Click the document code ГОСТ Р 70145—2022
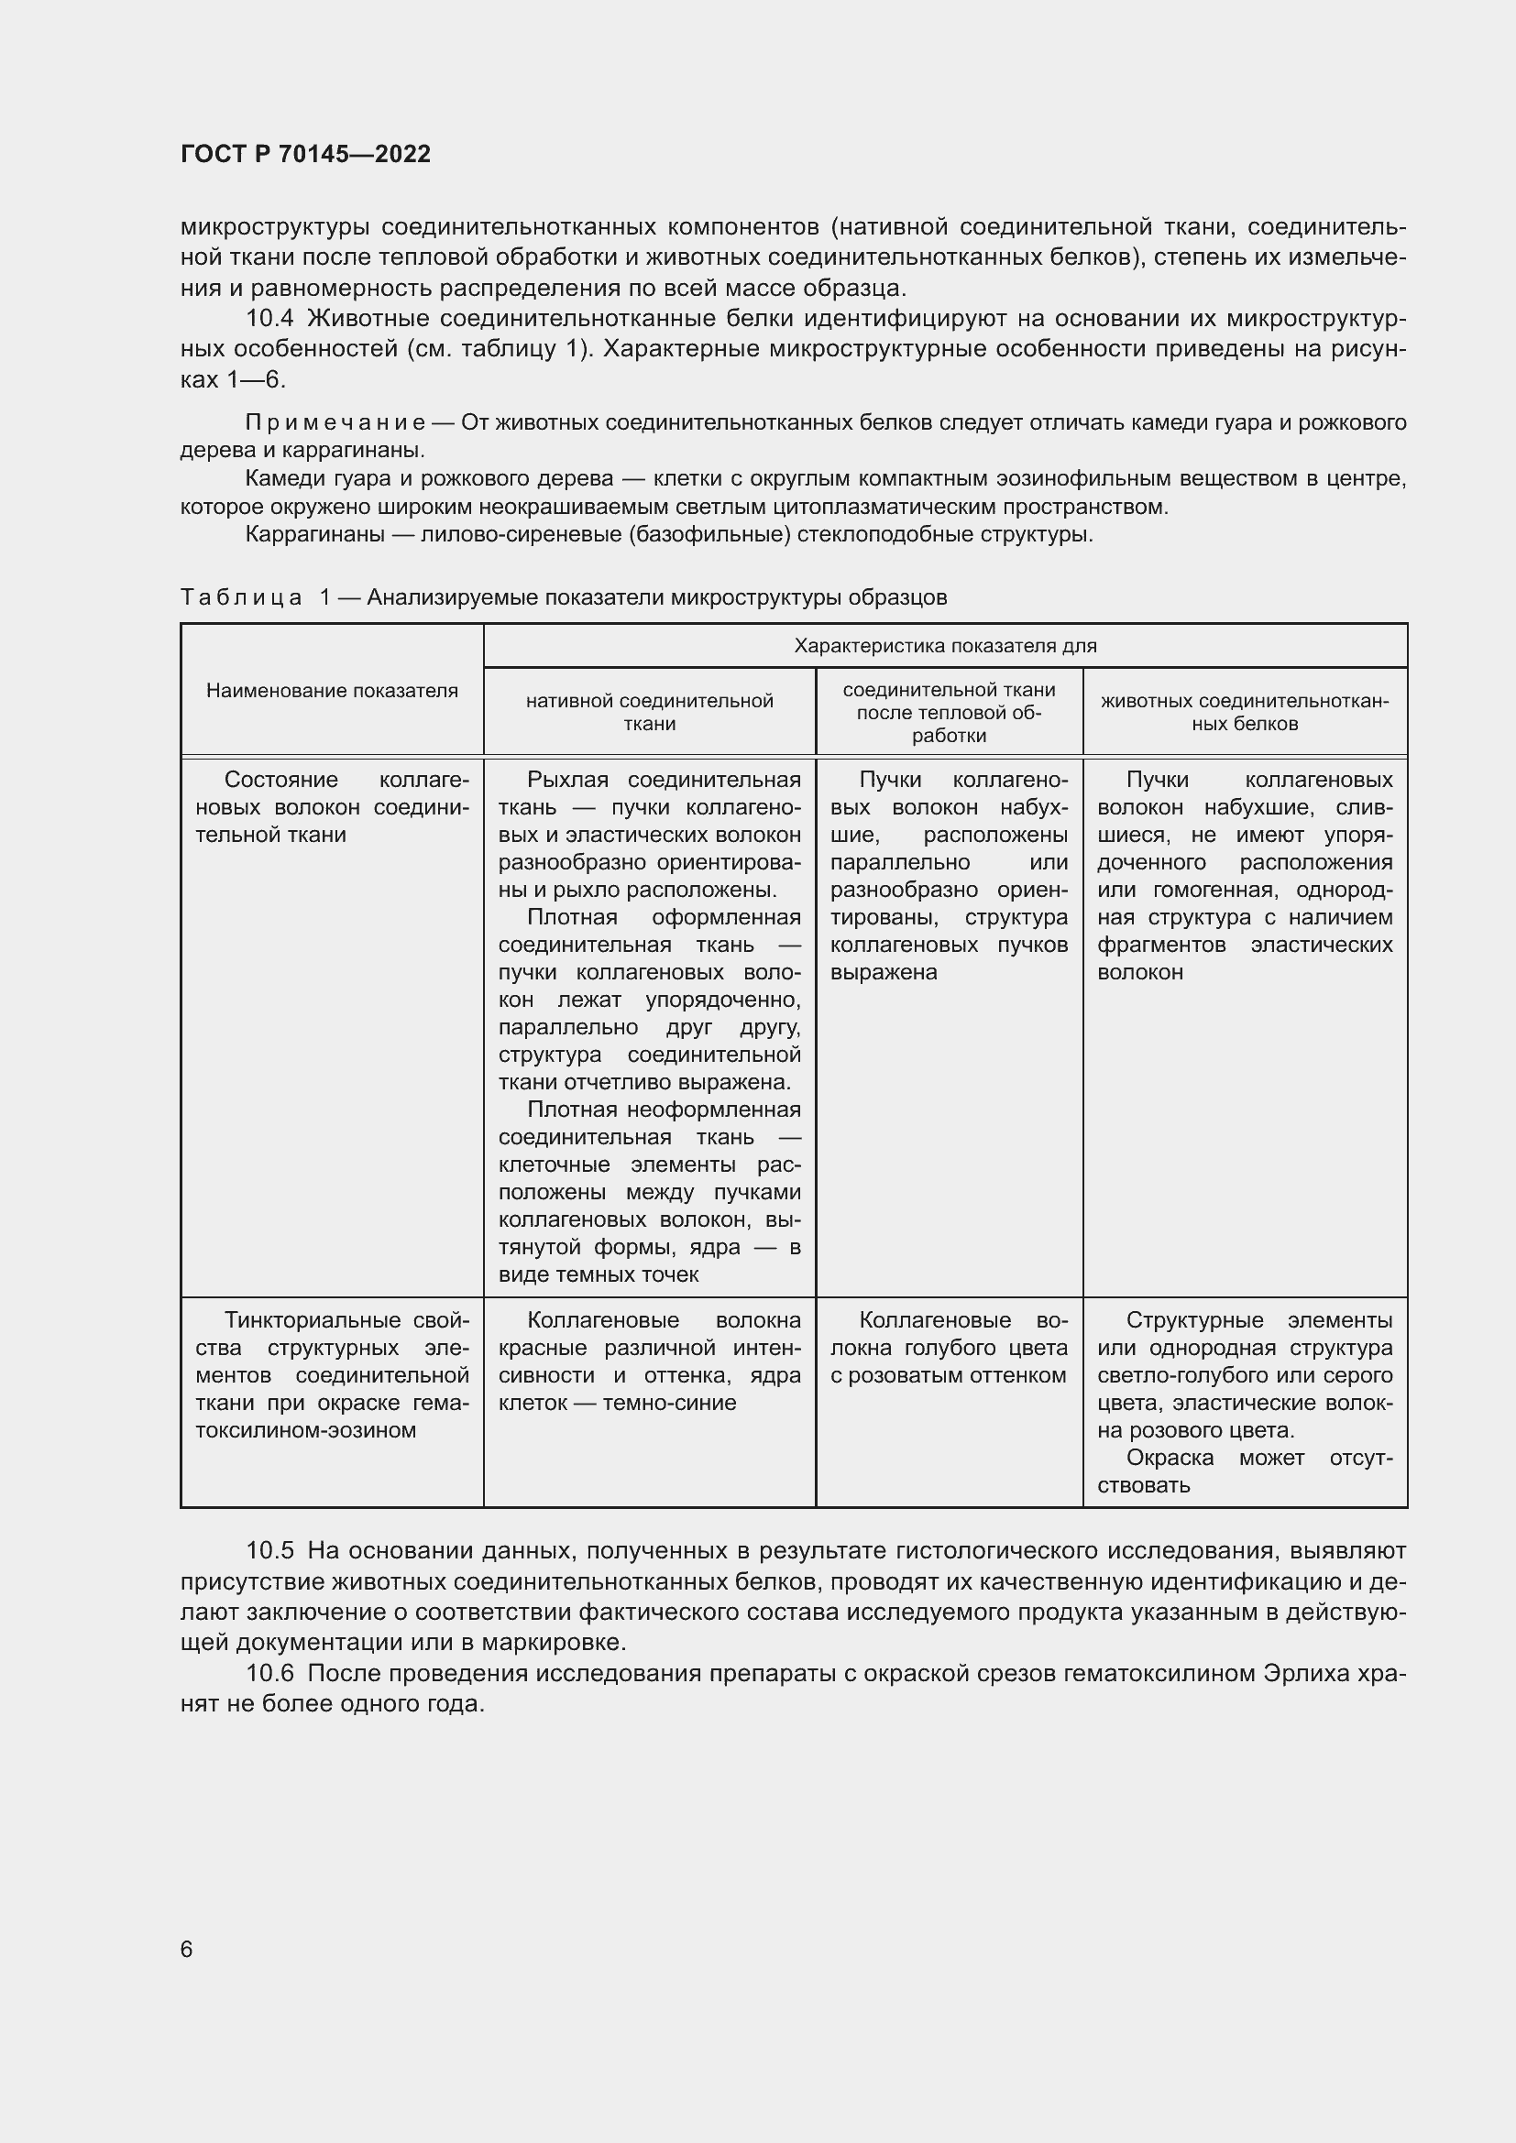305,155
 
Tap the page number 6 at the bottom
187,1949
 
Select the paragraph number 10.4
269,319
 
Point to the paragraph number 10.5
269,1550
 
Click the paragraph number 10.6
269,1673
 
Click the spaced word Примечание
335,422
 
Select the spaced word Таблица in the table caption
241,597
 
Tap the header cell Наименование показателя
333,691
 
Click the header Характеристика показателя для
945,646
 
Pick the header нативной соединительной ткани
650,712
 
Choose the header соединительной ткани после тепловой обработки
950,712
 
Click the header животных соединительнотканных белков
1245,712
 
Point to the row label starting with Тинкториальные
333,1375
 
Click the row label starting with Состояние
333,806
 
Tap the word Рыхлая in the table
567,781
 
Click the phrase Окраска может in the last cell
1214,1458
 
